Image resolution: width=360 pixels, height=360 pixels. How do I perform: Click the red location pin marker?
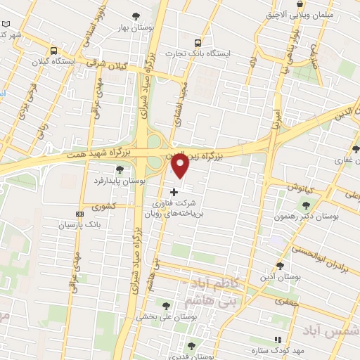tap(180, 166)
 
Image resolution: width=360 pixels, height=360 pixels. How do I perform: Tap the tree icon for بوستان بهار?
tap(136, 16)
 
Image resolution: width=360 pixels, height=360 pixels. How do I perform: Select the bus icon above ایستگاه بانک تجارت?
tap(198, 41)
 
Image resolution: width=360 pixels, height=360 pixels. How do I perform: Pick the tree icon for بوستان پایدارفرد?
tap(120, 169)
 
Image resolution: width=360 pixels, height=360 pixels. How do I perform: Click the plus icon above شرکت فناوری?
tap(174, 192)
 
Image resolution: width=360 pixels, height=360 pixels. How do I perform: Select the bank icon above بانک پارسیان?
tap(80, 213)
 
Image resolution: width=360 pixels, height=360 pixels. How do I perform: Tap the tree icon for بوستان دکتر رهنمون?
tap(305, 205)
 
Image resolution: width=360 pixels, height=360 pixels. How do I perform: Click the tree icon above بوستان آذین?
tap(281, 265)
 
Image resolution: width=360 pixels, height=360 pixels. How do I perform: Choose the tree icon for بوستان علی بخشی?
tap(166, 306)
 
